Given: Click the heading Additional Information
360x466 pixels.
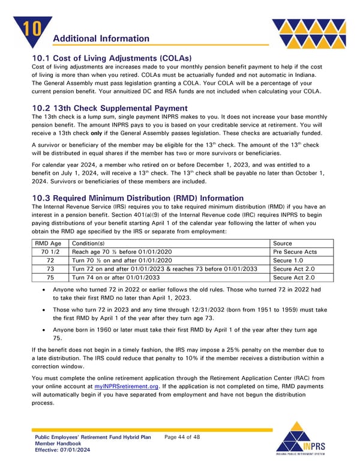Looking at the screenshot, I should point(101,38).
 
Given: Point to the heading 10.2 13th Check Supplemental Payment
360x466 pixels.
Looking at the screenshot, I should point(110,108).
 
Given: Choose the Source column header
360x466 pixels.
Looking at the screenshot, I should point(284,243).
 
